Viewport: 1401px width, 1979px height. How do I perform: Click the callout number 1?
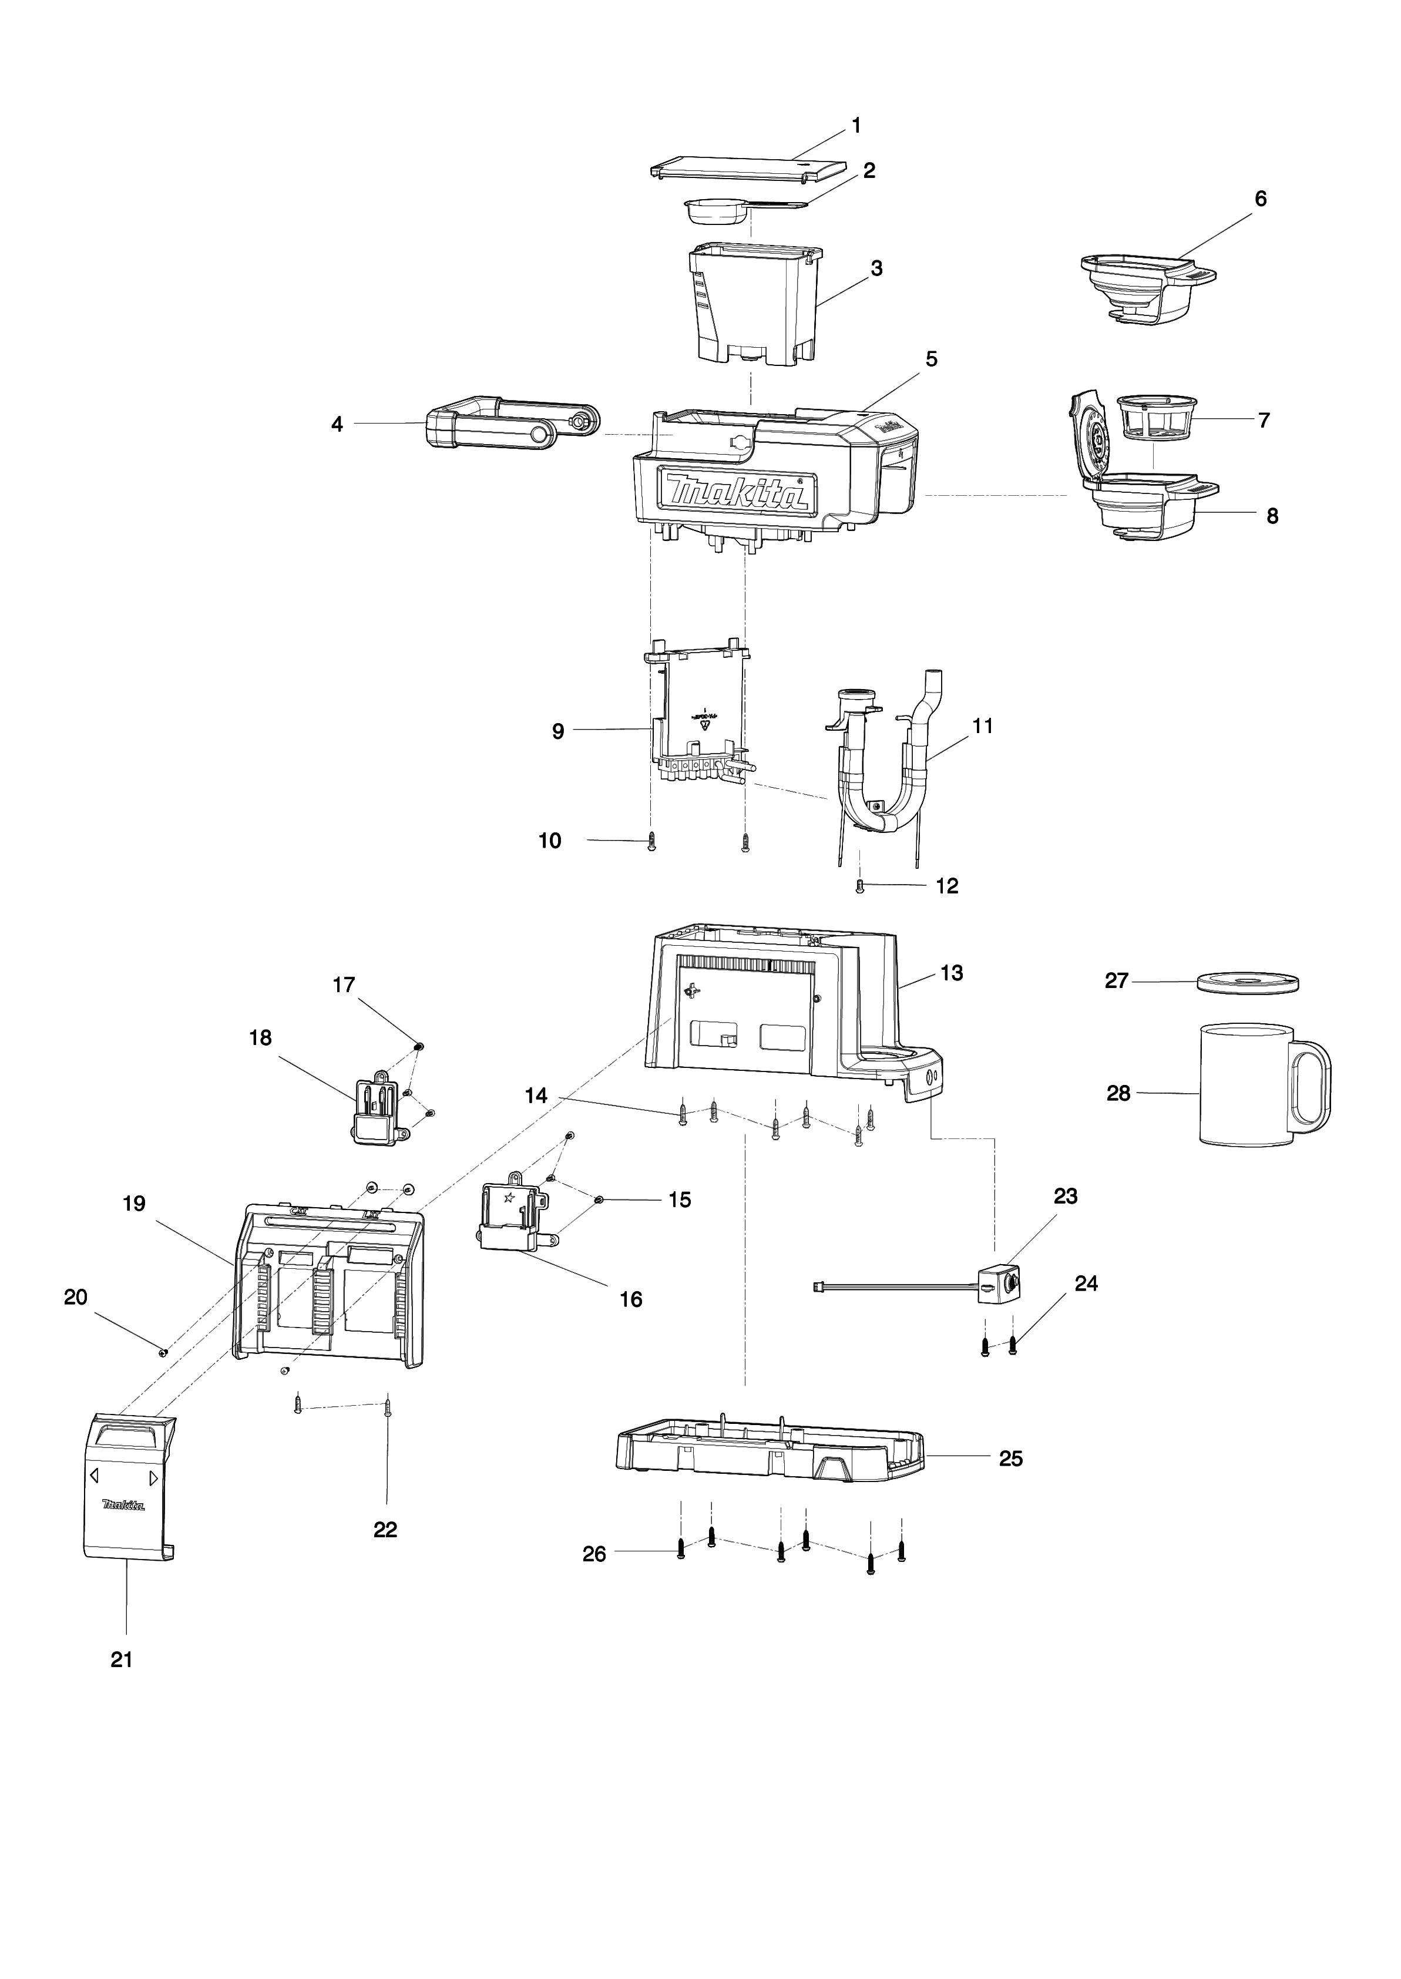[x=856, y=126]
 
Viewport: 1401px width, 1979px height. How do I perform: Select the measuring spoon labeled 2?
[x=716, y=211]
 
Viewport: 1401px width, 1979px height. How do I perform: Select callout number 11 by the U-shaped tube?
[x=983, y=727]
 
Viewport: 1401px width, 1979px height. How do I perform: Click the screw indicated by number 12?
[x=859, y=885]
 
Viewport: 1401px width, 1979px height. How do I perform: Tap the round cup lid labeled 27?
[x=1248, y=983]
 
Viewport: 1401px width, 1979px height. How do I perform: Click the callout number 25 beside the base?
[x=1010, y=1458]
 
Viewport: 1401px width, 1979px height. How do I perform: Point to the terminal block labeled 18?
[x=377, y=1110]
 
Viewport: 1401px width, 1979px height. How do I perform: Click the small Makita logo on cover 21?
[x=123, y=1506]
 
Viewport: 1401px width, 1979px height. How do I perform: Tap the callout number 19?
[x=135, y=1204]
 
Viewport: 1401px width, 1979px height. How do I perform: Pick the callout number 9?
[x=558, y=731]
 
